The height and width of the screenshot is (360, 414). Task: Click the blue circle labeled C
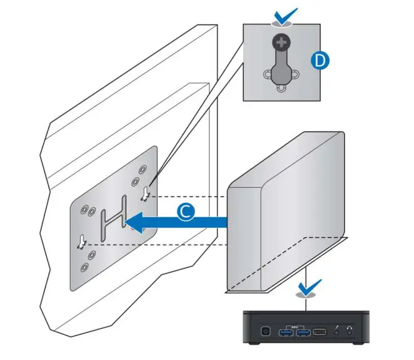[x=184, y=212]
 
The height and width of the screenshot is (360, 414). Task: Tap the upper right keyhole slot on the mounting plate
[x=146, y=193]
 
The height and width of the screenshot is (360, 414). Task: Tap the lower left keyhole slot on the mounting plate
[x=81, y=241]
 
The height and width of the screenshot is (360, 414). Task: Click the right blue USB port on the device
[x=303, y=331]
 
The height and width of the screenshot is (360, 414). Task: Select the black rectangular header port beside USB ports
[x=319, y=331]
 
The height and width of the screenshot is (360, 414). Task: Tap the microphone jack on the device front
[x=338, y=331]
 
